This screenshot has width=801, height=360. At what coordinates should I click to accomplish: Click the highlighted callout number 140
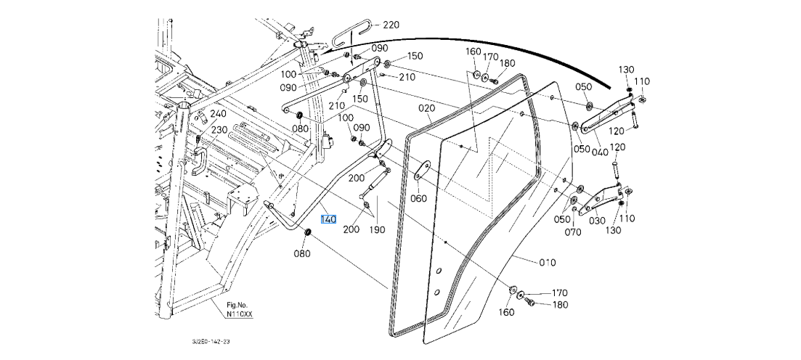pos(328,219)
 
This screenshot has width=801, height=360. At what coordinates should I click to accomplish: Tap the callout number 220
pos(391,25)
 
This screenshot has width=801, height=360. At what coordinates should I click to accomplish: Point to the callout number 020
pos(426,107)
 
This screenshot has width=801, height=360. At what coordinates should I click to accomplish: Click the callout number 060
pos(418,199)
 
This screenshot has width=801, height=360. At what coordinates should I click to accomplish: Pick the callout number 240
pos(218,114)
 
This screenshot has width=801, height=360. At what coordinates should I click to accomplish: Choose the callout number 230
pos(219,130)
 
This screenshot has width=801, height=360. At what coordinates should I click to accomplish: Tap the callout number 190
pos(378,229)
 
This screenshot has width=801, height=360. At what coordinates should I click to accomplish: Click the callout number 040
pos(600,152)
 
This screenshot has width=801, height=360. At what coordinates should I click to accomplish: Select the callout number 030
pos(596,221)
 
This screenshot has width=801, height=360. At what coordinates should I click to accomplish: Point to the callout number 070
pos(574,232)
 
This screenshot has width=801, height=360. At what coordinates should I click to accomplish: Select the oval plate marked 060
pos(420,171)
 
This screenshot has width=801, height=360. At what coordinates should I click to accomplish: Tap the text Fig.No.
pos(237,306)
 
